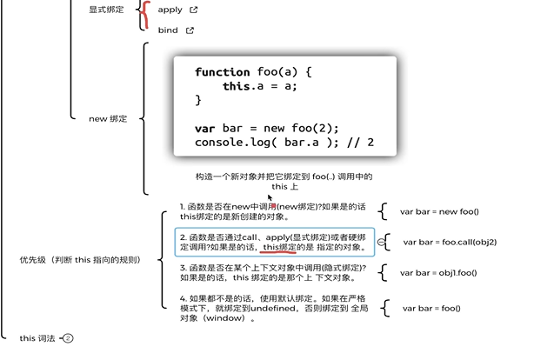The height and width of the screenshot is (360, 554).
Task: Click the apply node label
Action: click(170, 10)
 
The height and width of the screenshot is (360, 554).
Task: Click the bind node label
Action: click(168, 30)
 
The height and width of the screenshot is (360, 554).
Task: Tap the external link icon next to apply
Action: click(193, 10)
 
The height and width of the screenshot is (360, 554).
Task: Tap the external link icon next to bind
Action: click(190, 30)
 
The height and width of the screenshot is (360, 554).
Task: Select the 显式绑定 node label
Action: click(106, 10)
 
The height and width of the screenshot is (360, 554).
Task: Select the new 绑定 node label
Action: click(108, 119)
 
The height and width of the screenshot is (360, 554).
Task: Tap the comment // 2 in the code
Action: click(359, 143)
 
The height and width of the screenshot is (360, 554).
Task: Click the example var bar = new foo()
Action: click(439, 211)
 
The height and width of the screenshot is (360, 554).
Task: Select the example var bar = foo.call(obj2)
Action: click(450, 242)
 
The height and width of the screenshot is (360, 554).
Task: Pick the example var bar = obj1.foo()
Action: click(438, 273)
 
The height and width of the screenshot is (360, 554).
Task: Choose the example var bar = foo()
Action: click(431, 308)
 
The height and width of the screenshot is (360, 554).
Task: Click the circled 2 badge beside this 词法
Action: click(69, 338)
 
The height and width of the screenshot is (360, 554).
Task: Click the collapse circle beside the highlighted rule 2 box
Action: click(382, 242)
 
